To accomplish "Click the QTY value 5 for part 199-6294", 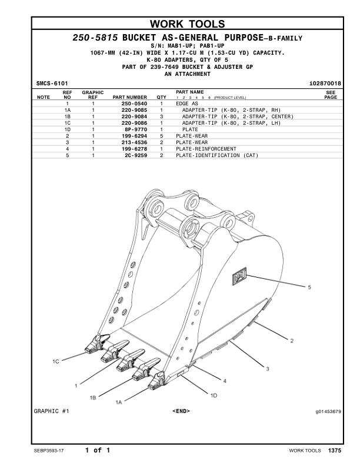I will pyautogui.click(x=161, y=136).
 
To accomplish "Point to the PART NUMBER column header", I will pyautogui.click(x=129, y=97).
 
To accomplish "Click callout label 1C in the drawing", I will pyautogui.click(x=56, y=361).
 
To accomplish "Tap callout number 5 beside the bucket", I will pyautogui.click(x=309, y=287).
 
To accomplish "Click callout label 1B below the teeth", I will pyautogui.click(x=93, y=398).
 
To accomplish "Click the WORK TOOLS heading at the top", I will pyautogui.click(x=187, y=24).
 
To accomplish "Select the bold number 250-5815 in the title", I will pyautogui.click(x=95, y=38).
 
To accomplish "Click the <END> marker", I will pyautogui.click(x=181, y=411).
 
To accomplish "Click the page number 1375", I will pyautogui.click(x=335, y=451).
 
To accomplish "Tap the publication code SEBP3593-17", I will pyautogui.click(x=50, y=451).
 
